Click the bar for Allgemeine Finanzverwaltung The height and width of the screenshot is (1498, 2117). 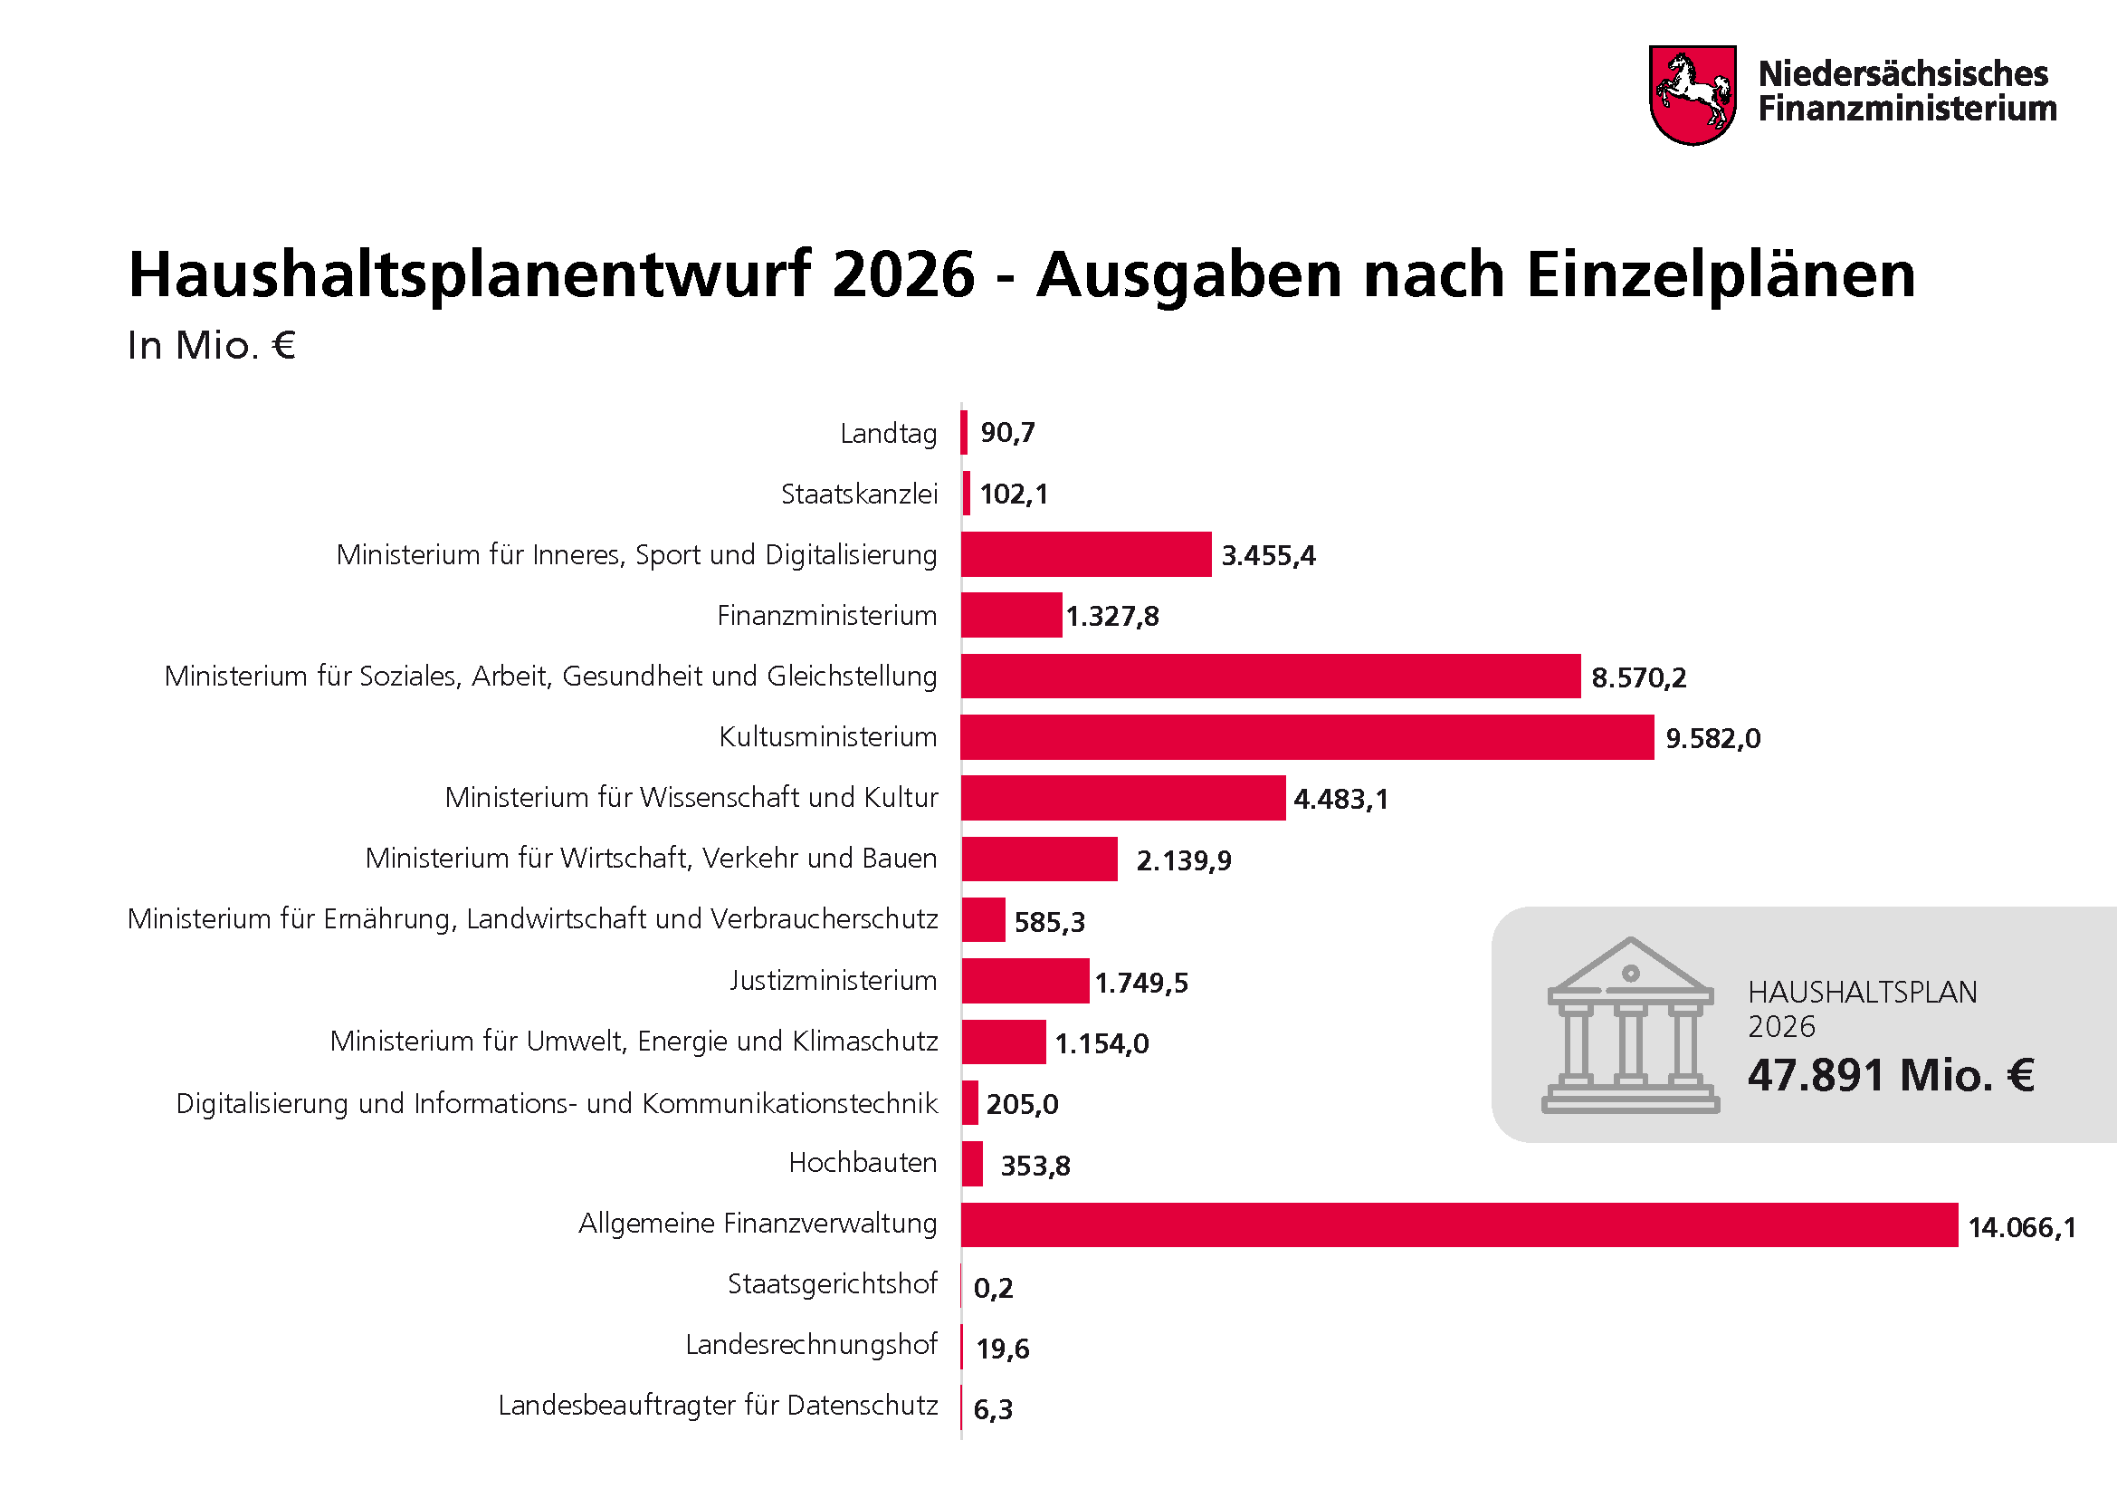[1459, 1225]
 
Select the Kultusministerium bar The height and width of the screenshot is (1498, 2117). [1307, 737]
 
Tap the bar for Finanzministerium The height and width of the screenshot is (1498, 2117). [1012, 615]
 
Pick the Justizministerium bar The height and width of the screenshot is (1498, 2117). [1025, 981]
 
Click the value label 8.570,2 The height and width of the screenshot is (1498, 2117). [1638, 678]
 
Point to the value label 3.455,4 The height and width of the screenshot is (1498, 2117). [1269, 555]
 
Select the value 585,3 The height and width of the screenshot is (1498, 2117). [1049, 921]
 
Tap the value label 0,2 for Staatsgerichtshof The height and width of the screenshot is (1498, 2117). [993, 1288]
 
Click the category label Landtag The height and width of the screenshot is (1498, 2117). [888, 434]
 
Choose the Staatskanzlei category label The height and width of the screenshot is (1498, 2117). [858, 495]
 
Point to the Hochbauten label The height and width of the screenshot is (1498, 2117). [863, 1163]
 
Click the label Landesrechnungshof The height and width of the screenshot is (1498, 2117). [810, 1345]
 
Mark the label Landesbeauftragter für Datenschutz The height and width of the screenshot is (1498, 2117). [718, 1406]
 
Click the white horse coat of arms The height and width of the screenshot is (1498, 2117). [1693, 96]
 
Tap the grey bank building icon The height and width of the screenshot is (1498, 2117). [1630, 1026]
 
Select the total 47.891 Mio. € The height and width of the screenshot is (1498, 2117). [1891, 1076]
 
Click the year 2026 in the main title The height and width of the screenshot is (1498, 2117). [902, 275]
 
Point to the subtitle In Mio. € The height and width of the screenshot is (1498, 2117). [211, 346]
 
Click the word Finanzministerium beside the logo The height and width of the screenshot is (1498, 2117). [1907, 109]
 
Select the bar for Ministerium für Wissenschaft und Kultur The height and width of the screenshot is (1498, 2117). [1123, 798]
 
